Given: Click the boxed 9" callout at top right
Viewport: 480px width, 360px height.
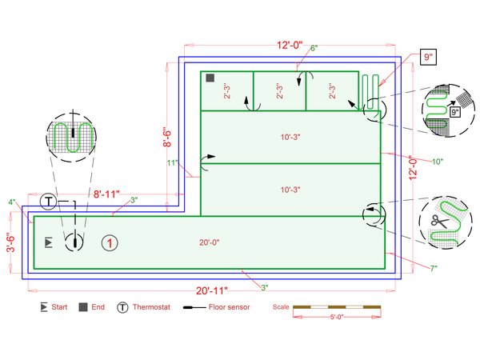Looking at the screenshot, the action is tap(428, 57).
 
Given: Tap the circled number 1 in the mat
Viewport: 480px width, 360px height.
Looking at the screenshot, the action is tap(110, 243).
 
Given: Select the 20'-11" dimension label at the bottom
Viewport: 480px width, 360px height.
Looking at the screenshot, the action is tap(212, 290).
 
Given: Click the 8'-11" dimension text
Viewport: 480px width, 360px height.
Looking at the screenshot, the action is tap(106, 194).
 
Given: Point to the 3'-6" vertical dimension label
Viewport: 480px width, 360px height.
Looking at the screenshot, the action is tap(10, 243).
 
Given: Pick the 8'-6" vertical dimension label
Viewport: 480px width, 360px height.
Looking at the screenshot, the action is tap(167, 137).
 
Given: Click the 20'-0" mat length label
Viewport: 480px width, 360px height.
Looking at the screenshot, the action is tap(210, 242).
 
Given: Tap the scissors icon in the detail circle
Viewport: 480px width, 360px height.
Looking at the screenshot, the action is tap(439, 221).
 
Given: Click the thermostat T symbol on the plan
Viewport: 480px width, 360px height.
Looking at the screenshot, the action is tap(48, 202).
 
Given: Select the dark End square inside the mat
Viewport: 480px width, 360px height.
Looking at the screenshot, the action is tap(210, 78).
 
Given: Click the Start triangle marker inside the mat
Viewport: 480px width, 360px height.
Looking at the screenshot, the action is tap(48, 242).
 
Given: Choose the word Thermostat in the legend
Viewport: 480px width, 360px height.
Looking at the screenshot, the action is tap(151, 307).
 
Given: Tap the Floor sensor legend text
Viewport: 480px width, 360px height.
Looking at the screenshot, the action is tap(230, 307).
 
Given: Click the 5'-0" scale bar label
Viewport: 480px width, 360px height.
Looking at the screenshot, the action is tap(337, 317).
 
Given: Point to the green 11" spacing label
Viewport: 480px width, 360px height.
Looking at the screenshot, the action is tap(173, 162).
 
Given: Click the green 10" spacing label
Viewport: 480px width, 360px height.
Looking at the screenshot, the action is tap(438, 162).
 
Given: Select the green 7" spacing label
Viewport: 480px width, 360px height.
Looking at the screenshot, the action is tap(434, 269).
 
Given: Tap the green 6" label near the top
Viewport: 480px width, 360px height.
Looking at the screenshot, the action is tap(314, 48).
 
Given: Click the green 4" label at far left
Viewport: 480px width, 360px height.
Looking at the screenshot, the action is tap(12, 202).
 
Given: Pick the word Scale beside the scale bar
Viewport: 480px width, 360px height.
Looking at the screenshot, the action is tap(281, 306).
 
